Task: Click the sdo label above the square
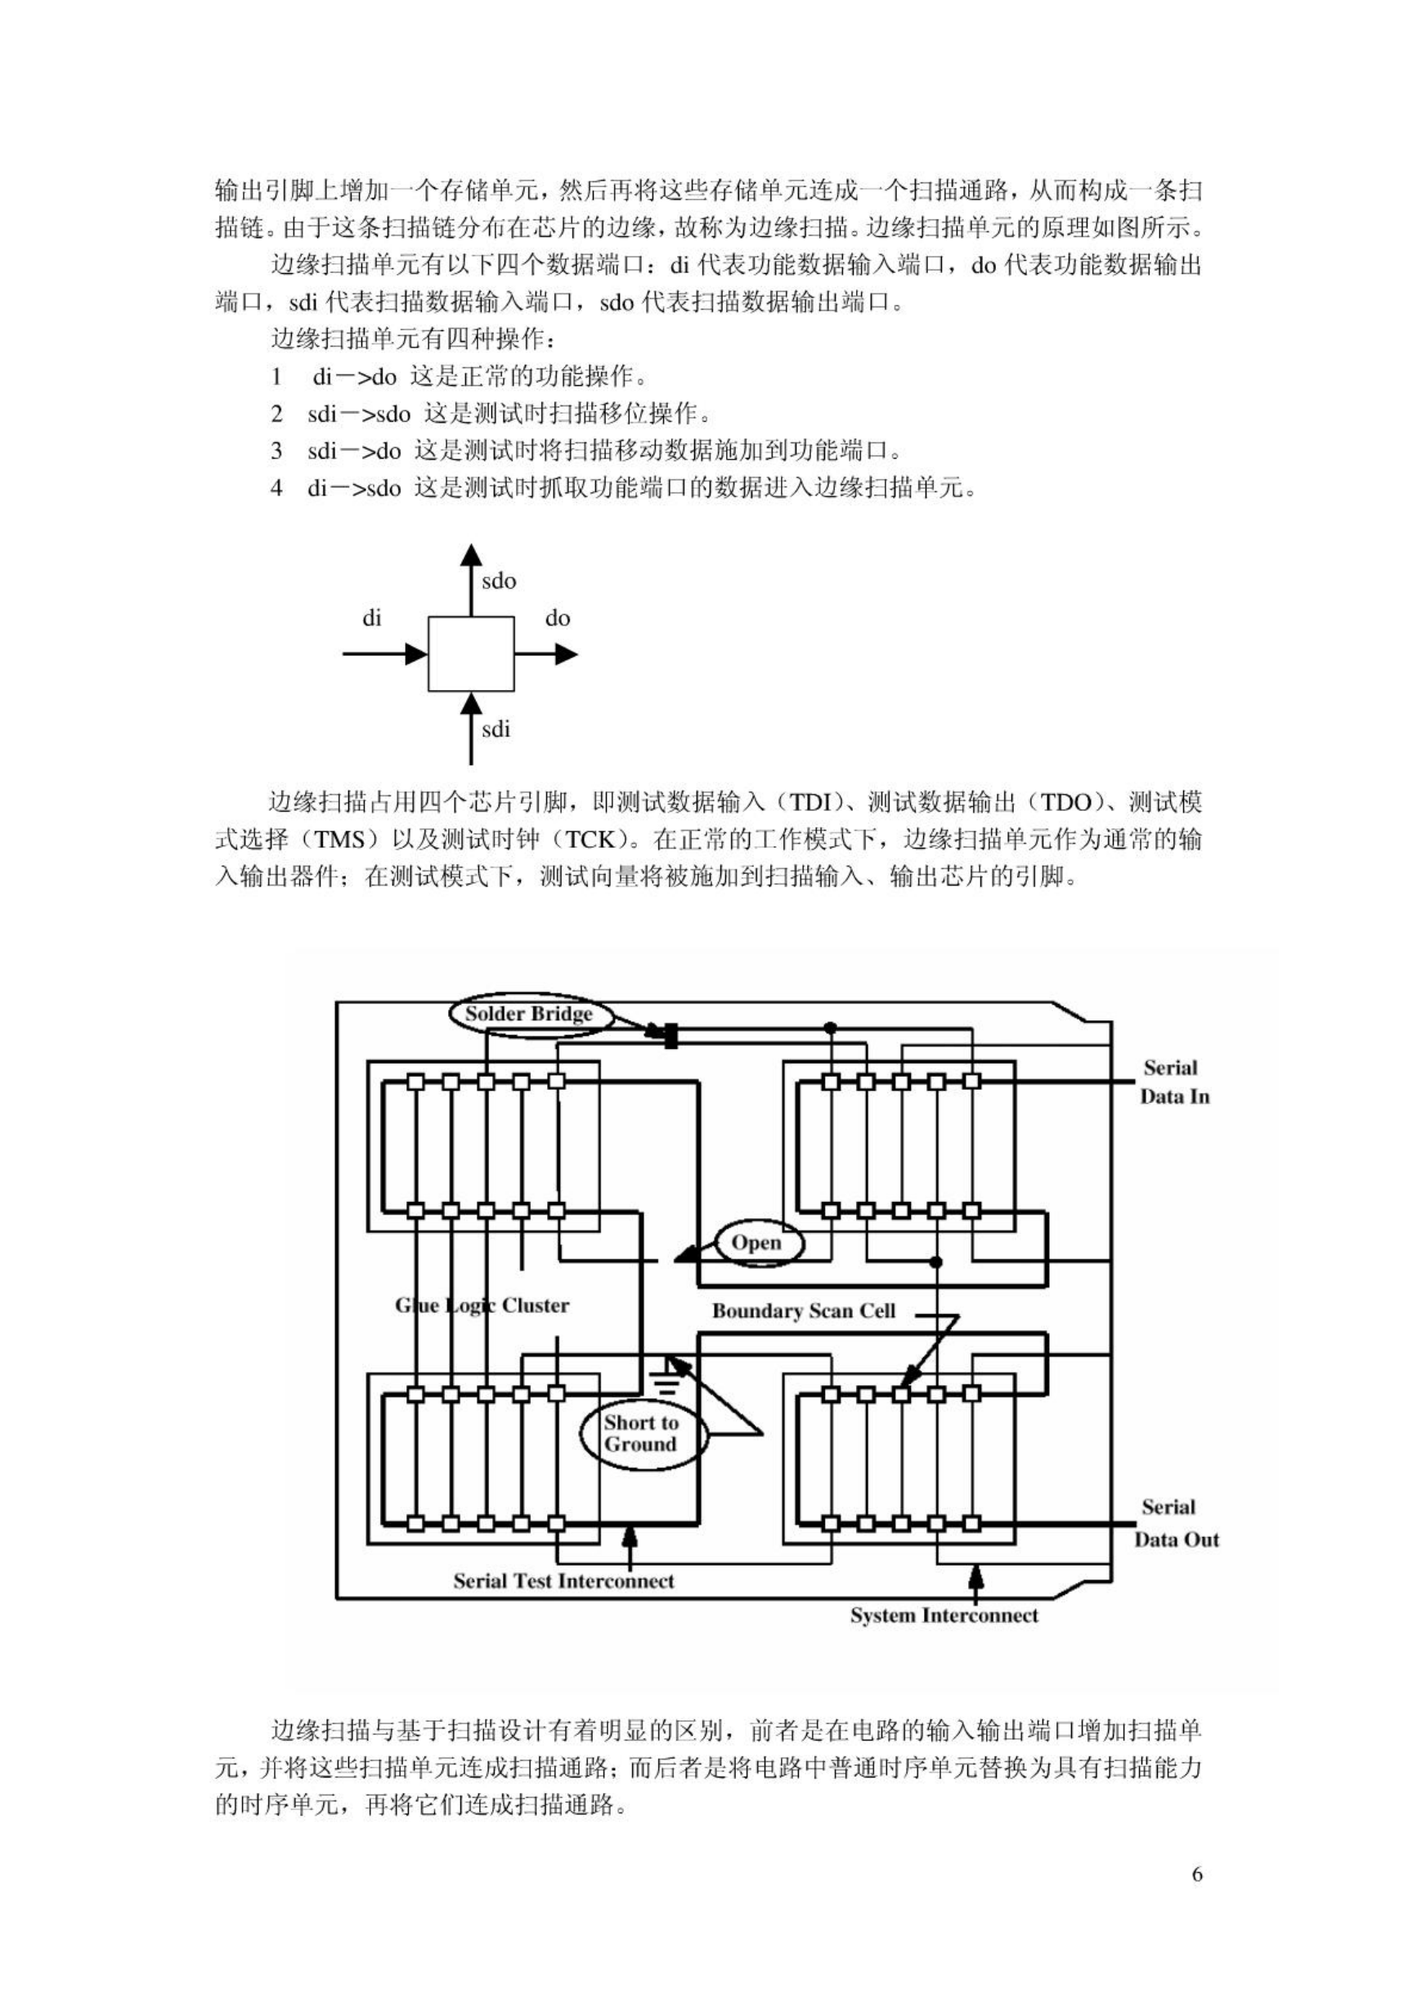click(x=499, y=580)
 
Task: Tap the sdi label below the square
click(x=496, y=729)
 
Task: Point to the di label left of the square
click(x=372, y=618)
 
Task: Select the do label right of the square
click(x=557, y=618)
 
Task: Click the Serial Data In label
click(x=1174, y=1082)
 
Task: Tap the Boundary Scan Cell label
click(x=804, y=1310)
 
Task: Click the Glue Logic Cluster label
click(x=482, y=1306)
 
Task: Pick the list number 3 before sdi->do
click(x=276, y=450)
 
